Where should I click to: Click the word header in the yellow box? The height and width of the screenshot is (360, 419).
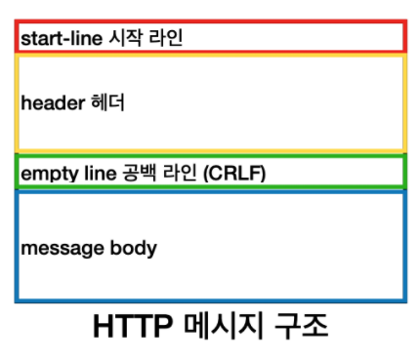click(x=49, y=101)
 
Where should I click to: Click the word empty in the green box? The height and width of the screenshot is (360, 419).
click(x=45, y=173)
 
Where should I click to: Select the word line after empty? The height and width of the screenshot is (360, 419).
click(x=91, y=173)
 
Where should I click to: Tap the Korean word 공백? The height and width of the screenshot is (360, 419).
click(x=134, y=173)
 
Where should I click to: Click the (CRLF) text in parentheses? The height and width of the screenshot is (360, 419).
click(x=235, y=173)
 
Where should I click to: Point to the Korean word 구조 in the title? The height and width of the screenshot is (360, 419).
click(x=299, y=326)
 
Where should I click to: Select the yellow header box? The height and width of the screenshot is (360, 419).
click(x=293, y=102)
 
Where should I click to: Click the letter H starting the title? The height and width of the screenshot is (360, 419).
click(x=103, y=326)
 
